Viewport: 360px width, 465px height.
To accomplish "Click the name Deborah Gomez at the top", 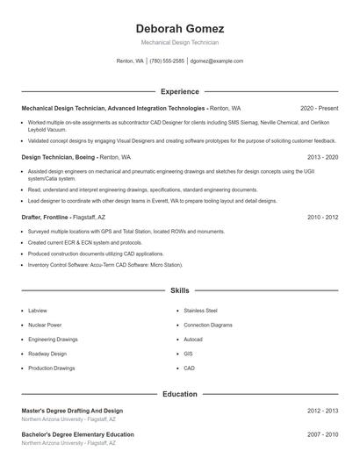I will tap(180, 29).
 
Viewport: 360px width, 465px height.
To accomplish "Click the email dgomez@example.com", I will tap(217, 61).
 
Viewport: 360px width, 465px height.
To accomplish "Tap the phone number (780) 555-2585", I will tap(167, 61).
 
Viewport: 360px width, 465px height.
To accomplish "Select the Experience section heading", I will tap(180, 91).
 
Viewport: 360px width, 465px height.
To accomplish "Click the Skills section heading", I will tap(180, 290).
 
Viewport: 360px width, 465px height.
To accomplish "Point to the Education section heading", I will tap(180, 395).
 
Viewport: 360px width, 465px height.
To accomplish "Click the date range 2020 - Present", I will tap(319, 108).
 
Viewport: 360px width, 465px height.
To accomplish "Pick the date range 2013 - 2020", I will tap(322, 157).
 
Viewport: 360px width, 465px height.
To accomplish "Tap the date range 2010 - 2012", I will tap(322, 217).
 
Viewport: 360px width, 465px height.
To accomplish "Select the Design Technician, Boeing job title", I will tap(58, 157).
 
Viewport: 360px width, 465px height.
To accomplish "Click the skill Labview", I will tap(38, 311).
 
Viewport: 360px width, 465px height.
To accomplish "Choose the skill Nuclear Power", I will tap(44, 325).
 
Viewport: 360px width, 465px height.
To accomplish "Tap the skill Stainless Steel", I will tap(200, 311).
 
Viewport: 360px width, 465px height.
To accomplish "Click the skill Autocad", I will tap(193, 340).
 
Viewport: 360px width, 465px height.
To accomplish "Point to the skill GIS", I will tap(188, 354).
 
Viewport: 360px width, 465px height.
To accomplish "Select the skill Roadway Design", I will tap(47, 354).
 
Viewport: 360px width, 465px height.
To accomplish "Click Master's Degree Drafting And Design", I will tap(72, 411).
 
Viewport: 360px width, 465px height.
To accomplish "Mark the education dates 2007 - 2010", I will tap(322, 434).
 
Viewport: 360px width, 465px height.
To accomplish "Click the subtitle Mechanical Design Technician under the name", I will tap(180, 42).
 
